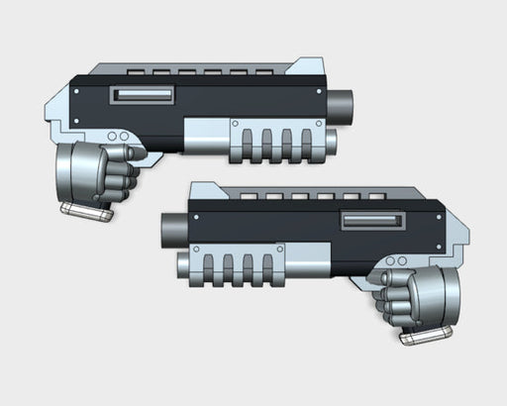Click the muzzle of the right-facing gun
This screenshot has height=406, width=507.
[x=341, y=102]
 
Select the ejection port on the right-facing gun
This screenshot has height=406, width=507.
[x=145, y=94]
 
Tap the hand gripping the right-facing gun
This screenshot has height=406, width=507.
[x=120, y=173]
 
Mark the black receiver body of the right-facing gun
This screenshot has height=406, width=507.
[x=248, y=104]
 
